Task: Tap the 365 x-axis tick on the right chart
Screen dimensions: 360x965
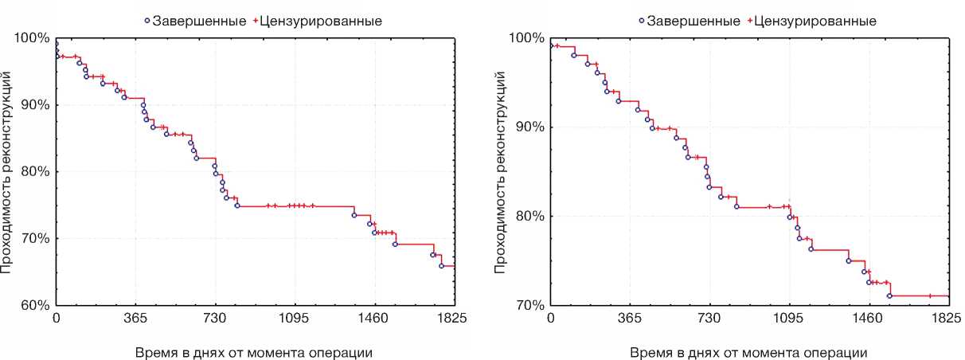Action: coord(630,319)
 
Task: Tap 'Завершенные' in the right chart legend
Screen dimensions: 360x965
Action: coord(694,21)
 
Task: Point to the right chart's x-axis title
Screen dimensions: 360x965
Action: coord(749,351)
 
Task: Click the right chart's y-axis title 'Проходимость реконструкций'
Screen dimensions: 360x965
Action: coord(500,171)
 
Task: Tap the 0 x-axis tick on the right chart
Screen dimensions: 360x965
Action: coord(551,319)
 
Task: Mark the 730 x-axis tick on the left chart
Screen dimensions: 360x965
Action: coord(215,319)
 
